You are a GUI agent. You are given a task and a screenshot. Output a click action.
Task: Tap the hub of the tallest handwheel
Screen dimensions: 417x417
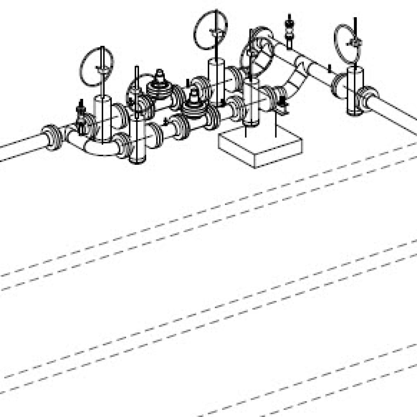point(216,32)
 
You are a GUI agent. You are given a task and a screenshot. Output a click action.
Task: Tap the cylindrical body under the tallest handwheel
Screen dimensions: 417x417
point(216,81)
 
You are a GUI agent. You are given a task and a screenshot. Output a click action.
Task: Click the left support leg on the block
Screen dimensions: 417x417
point(246,132)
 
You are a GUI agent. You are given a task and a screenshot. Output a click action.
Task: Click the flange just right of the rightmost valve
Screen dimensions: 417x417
point(368,96)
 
